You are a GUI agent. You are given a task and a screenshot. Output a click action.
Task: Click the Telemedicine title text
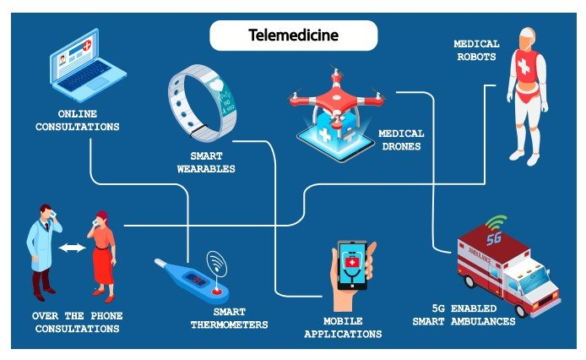click(292, 35)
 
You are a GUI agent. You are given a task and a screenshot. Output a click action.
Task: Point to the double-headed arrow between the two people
click(73, 248)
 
